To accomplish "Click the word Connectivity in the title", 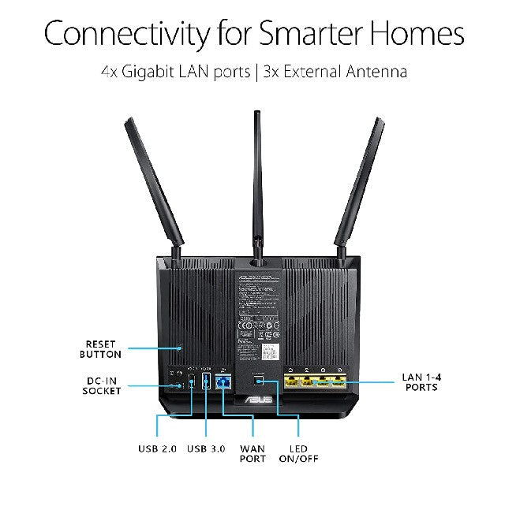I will (126, 34).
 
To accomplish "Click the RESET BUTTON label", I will (102, 349).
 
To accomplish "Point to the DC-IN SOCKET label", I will (102, 385).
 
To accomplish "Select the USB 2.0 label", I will (158, 448).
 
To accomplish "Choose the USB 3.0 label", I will (206, 448).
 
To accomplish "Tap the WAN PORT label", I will (252, 453).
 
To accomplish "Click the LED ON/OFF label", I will (298, 453).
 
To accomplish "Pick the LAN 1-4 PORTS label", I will (422, 382).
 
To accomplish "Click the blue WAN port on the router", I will (223, 383).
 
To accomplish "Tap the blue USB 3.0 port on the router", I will (206, 382).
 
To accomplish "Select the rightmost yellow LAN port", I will (339, 382).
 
